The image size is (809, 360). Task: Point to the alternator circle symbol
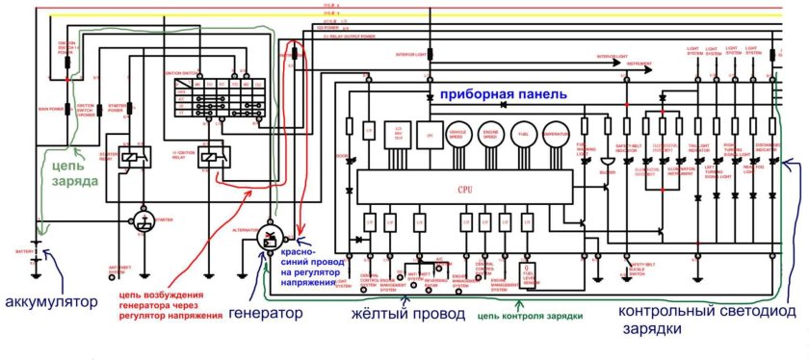270,238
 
